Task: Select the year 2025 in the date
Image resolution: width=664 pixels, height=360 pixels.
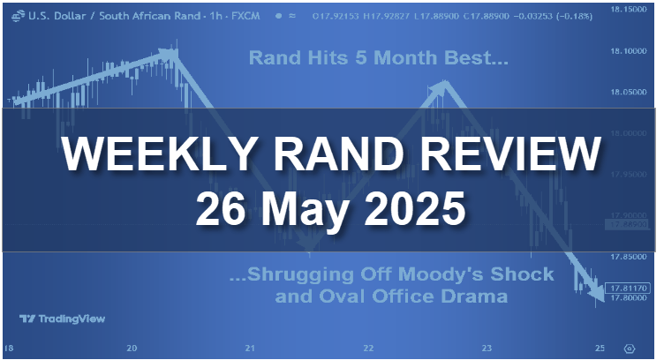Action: click(x=418, y=211)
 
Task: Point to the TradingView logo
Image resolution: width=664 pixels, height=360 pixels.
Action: click(x=61, y=319)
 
